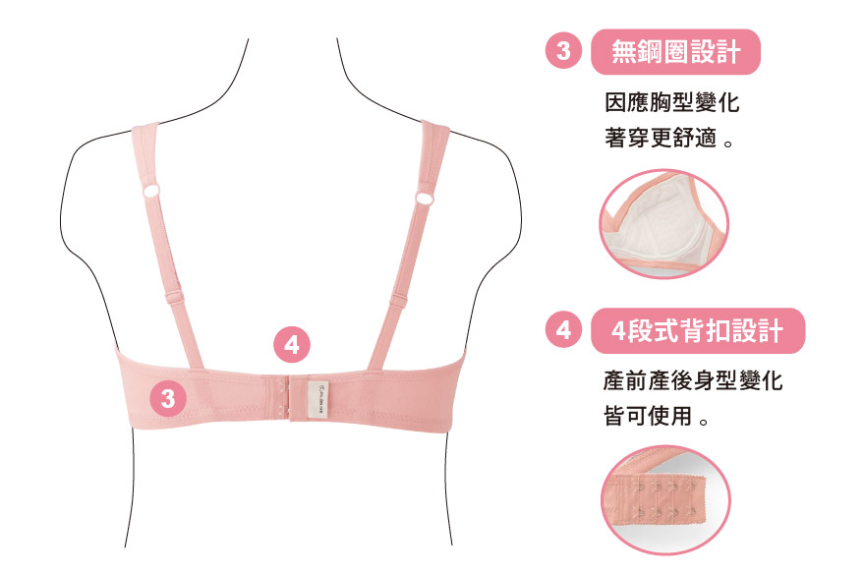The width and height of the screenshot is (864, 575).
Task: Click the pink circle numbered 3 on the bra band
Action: coord(168,398)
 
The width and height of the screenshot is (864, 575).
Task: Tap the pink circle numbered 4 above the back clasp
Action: coord(292,345)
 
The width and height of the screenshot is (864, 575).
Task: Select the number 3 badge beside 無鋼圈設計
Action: coord(563,51)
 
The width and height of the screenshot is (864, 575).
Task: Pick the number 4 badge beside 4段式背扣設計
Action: coord(563,330)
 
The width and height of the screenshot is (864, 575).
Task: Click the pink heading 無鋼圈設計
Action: coord(675,52)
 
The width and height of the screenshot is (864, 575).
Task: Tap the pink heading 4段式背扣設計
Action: coord(698,331)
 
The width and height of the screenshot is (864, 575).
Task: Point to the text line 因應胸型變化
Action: coord(671,103)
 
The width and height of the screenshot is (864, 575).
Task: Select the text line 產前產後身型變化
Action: coord(693,380)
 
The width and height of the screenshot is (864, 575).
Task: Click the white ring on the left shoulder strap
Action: coord(151,191)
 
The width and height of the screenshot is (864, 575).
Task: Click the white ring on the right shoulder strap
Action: coord(424,198)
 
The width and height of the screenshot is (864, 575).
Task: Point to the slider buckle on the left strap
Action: coord(175,298)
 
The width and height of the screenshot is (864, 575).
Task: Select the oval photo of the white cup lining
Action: coord(664,224)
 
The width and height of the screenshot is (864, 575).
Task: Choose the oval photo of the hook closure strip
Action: coord(665,499)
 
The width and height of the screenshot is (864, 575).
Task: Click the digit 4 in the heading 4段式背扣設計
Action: coord(619,331)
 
